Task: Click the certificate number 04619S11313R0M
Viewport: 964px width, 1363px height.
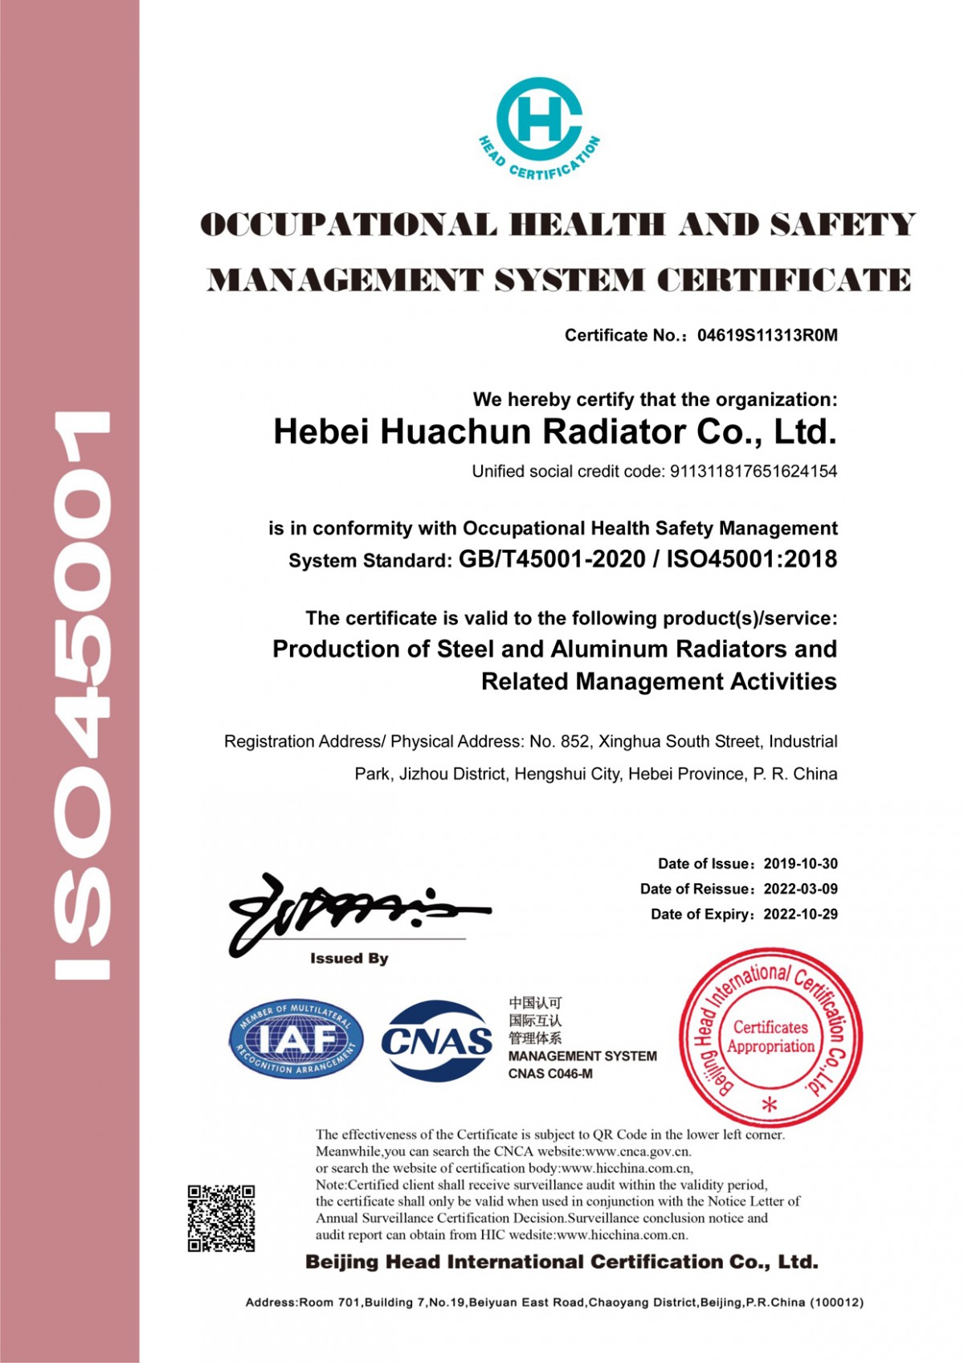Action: point(767,336)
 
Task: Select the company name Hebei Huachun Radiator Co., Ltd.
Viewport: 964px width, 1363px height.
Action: point(555,432)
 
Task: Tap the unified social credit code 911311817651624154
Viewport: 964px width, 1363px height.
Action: point(754,472)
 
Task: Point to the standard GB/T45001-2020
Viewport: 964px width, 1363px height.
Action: point(552,559)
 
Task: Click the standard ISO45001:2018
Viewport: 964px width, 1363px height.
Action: point(752,559)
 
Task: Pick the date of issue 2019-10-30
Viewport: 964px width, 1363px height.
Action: point(800,864)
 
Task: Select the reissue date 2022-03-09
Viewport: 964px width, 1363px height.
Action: point(800,889)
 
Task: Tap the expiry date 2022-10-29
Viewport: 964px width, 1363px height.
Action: point(800,914)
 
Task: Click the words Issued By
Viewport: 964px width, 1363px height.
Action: point(349,959)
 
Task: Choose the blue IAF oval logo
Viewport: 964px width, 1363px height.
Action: point(296,1040)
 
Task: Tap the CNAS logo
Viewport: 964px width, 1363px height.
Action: point(436,1041)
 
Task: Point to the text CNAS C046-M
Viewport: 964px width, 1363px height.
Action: point(550,1074)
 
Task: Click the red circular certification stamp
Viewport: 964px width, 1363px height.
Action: point(770,1037)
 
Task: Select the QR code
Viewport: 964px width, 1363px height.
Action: point(222,1218)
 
